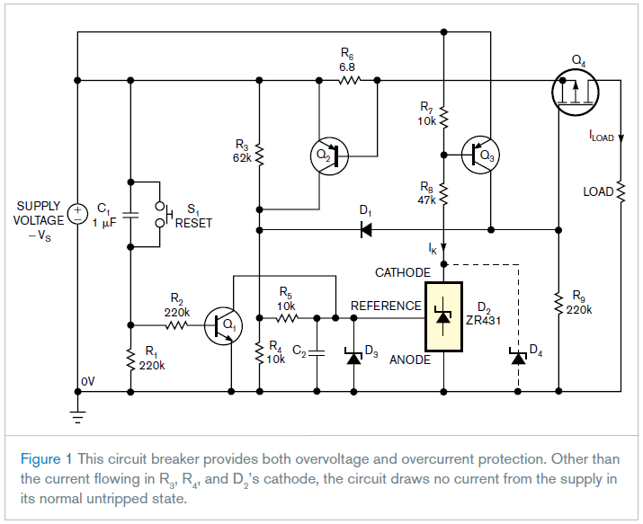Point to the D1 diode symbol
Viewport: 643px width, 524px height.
pos(366,229)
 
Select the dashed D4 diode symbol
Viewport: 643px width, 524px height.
pos(518,357)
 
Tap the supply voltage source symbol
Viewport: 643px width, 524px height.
pos(78,215)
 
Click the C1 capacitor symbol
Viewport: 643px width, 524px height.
pos(131,216)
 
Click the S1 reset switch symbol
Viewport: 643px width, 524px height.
pos(163,213)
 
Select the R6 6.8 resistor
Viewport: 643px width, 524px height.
pos(348,81)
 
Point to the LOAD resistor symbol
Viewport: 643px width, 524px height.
pos(621,192)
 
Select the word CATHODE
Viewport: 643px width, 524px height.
pos(404,271)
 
